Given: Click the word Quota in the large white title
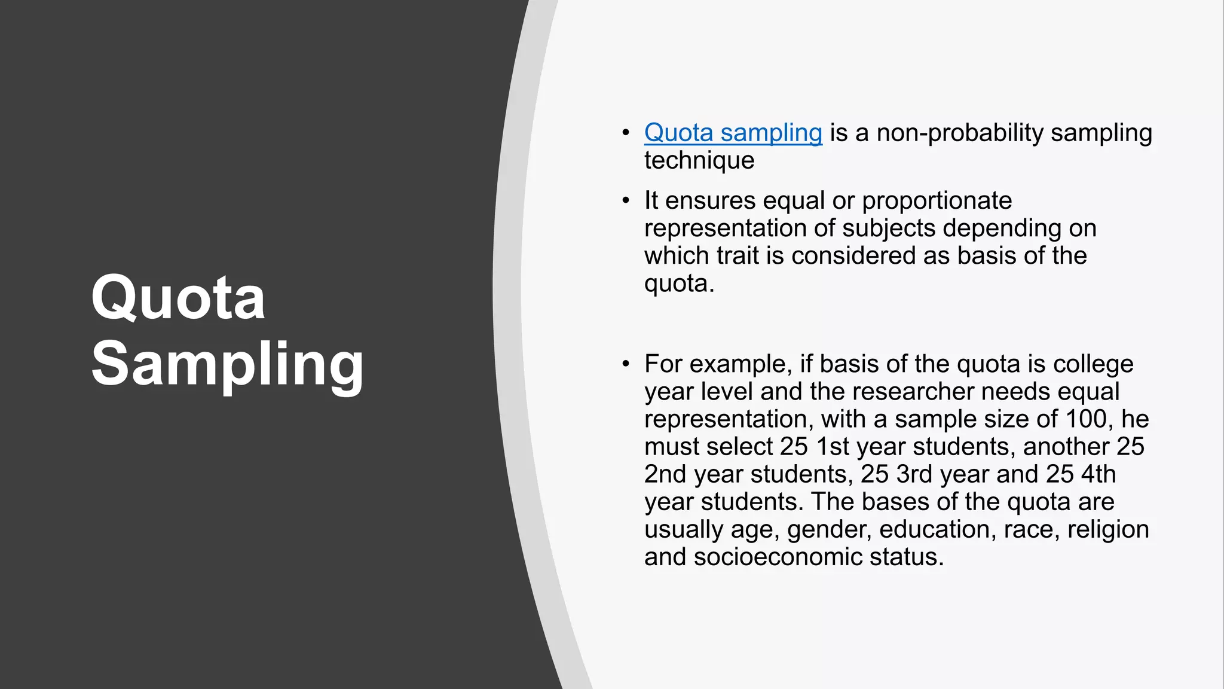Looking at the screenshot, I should [178, 297].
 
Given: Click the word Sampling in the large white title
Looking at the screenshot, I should [227, 364].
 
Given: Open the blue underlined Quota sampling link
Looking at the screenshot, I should [733, 133].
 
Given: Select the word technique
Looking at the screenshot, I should [699, 160].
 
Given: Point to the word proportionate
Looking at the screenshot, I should [937, 201].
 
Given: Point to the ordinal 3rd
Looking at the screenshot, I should [914, 474].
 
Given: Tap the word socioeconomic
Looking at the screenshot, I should [778, 557].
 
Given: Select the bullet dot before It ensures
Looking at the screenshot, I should [625, 201].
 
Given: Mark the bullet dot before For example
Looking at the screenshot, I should [625, 364].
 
